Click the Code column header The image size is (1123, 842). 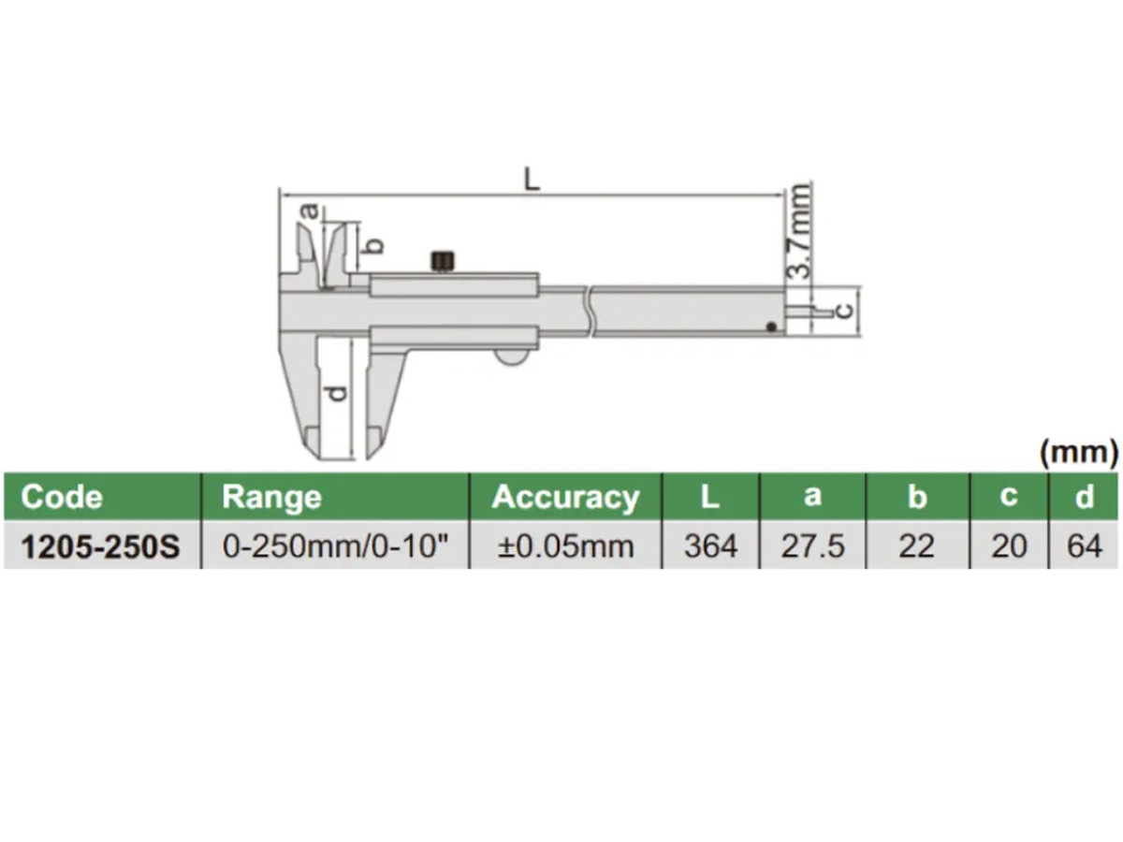point(62,497)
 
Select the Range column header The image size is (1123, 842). point(271,497)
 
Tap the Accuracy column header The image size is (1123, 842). point(565,497)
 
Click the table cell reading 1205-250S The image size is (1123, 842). point(100,546)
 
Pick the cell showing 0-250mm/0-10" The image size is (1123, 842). point(335,545)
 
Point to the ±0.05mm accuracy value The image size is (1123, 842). point(565,546)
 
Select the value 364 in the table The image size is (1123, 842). point(711,546)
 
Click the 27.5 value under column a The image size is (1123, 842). point(812,546)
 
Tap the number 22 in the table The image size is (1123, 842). point(916,546)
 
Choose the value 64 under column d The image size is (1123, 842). point(1084,546)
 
